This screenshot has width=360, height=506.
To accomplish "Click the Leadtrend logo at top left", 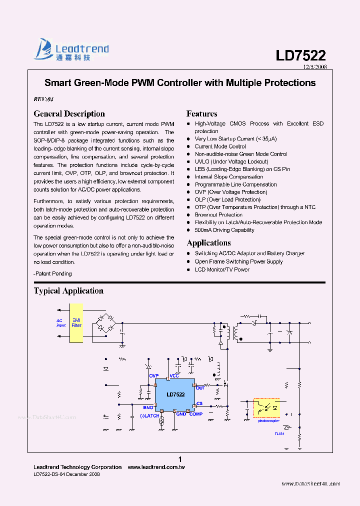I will (x=71, y=50).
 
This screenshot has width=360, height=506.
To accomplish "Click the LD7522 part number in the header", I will (x=300, y=55).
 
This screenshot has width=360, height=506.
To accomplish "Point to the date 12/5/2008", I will (x=315, y=66).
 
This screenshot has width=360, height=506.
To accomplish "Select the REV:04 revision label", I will (x=43, y=99).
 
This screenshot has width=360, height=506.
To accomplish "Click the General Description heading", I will (x=69, y=113).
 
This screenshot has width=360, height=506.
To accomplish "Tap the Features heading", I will (x=201, y=113).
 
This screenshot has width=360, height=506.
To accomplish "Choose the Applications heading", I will (x=208, y=242).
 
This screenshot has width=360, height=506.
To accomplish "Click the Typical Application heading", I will (x=68, y=290).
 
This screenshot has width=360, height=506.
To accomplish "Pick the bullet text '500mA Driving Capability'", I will (x=224, y=230).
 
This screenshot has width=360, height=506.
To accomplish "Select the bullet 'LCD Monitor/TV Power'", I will (x=221, y=269).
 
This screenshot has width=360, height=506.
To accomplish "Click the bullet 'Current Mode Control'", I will (x=220, y=146).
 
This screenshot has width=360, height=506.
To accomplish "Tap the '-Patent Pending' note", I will (x=52, y=273).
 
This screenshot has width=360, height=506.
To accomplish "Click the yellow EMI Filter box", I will (x=76, y=322).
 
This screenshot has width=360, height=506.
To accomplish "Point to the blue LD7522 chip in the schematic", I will (x=175, y=394).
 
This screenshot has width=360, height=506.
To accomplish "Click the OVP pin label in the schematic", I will (x=154, y=375).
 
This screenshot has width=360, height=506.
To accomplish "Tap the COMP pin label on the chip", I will (x=195, y=414).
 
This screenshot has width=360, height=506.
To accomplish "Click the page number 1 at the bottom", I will (x=180, y=459).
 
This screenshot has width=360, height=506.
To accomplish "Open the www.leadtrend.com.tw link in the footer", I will (x=156, y=467).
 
